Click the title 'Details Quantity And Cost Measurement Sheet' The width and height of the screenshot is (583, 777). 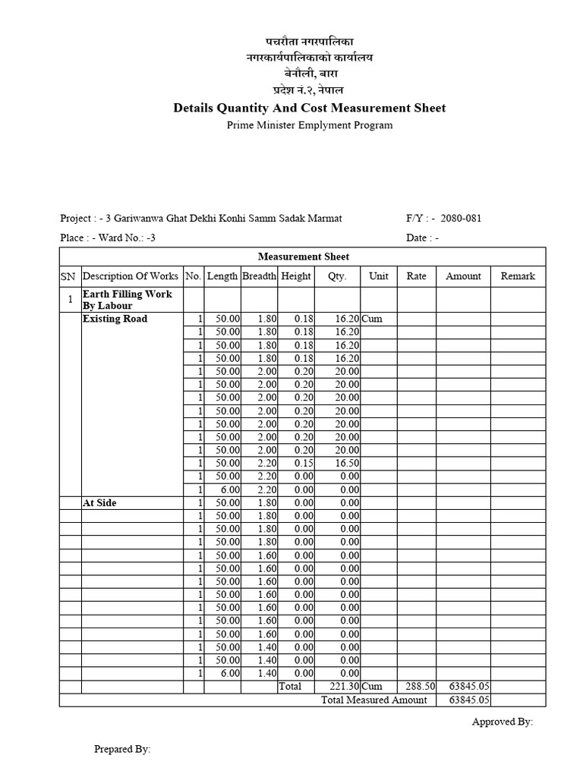(310, 108)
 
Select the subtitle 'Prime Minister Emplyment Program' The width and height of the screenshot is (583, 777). (310, 125)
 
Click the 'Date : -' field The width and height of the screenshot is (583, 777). (423, 238)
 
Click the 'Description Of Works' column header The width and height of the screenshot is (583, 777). (131, 276)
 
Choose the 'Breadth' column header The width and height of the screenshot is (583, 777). (259, 276)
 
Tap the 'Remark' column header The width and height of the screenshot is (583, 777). (518, 276)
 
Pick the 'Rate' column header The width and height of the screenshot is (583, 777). (416, 276)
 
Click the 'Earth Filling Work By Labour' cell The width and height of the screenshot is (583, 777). (127, 300)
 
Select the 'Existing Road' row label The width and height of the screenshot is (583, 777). (115, 319)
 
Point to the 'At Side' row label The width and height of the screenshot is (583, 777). (99, 502)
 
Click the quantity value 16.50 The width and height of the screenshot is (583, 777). (347, 463)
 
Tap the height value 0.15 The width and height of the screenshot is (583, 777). (303, 463)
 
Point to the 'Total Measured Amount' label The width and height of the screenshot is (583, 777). (374, 700)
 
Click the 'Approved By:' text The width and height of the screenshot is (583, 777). (503, 722)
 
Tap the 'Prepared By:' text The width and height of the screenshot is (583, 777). (122, 749)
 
